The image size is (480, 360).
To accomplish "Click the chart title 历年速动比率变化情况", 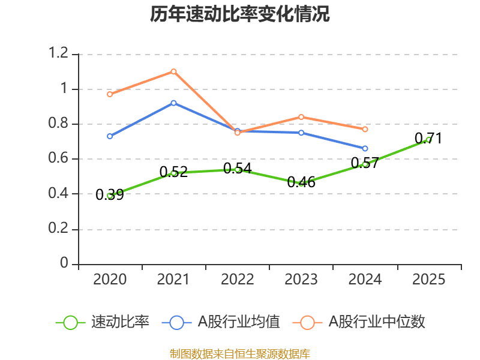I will [x=240, y=14].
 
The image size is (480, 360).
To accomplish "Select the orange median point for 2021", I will [x=173, y=71].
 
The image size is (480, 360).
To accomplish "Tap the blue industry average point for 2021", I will [x=173, y=103].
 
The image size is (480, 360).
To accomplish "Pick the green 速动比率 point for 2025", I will [x=428, y=139].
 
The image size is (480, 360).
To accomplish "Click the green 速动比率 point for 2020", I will [x=110, y=196].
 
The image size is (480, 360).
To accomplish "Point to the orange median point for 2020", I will [x=110, y=94].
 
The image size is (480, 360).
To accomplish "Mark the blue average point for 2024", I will [x=365, y=148].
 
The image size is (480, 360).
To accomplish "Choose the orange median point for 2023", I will [x=301, y=117].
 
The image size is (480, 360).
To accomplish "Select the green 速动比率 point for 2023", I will [x=301, y=183].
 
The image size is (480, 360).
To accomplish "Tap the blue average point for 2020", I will [x=110, y=136].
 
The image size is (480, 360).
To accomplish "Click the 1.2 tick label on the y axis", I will [x=59, y=53].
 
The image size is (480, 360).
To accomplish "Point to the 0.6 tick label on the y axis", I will [x=59, y=158].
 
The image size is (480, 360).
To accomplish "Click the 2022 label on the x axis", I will [x=238, y=280].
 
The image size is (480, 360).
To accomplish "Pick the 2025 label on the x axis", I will [x=428, y=280].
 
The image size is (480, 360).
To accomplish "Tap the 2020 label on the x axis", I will [x=110, y=280].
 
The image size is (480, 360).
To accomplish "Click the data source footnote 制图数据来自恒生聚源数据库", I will [x=240, y=353].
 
